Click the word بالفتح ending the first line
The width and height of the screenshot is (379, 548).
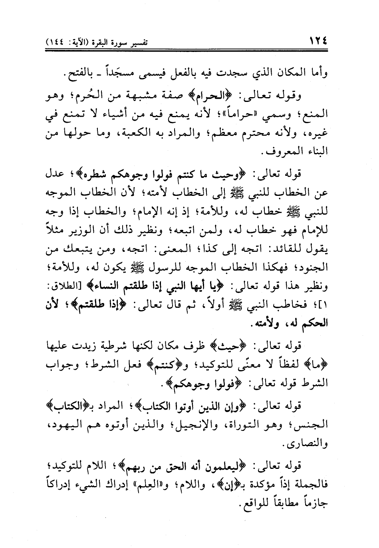click(76, 74)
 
